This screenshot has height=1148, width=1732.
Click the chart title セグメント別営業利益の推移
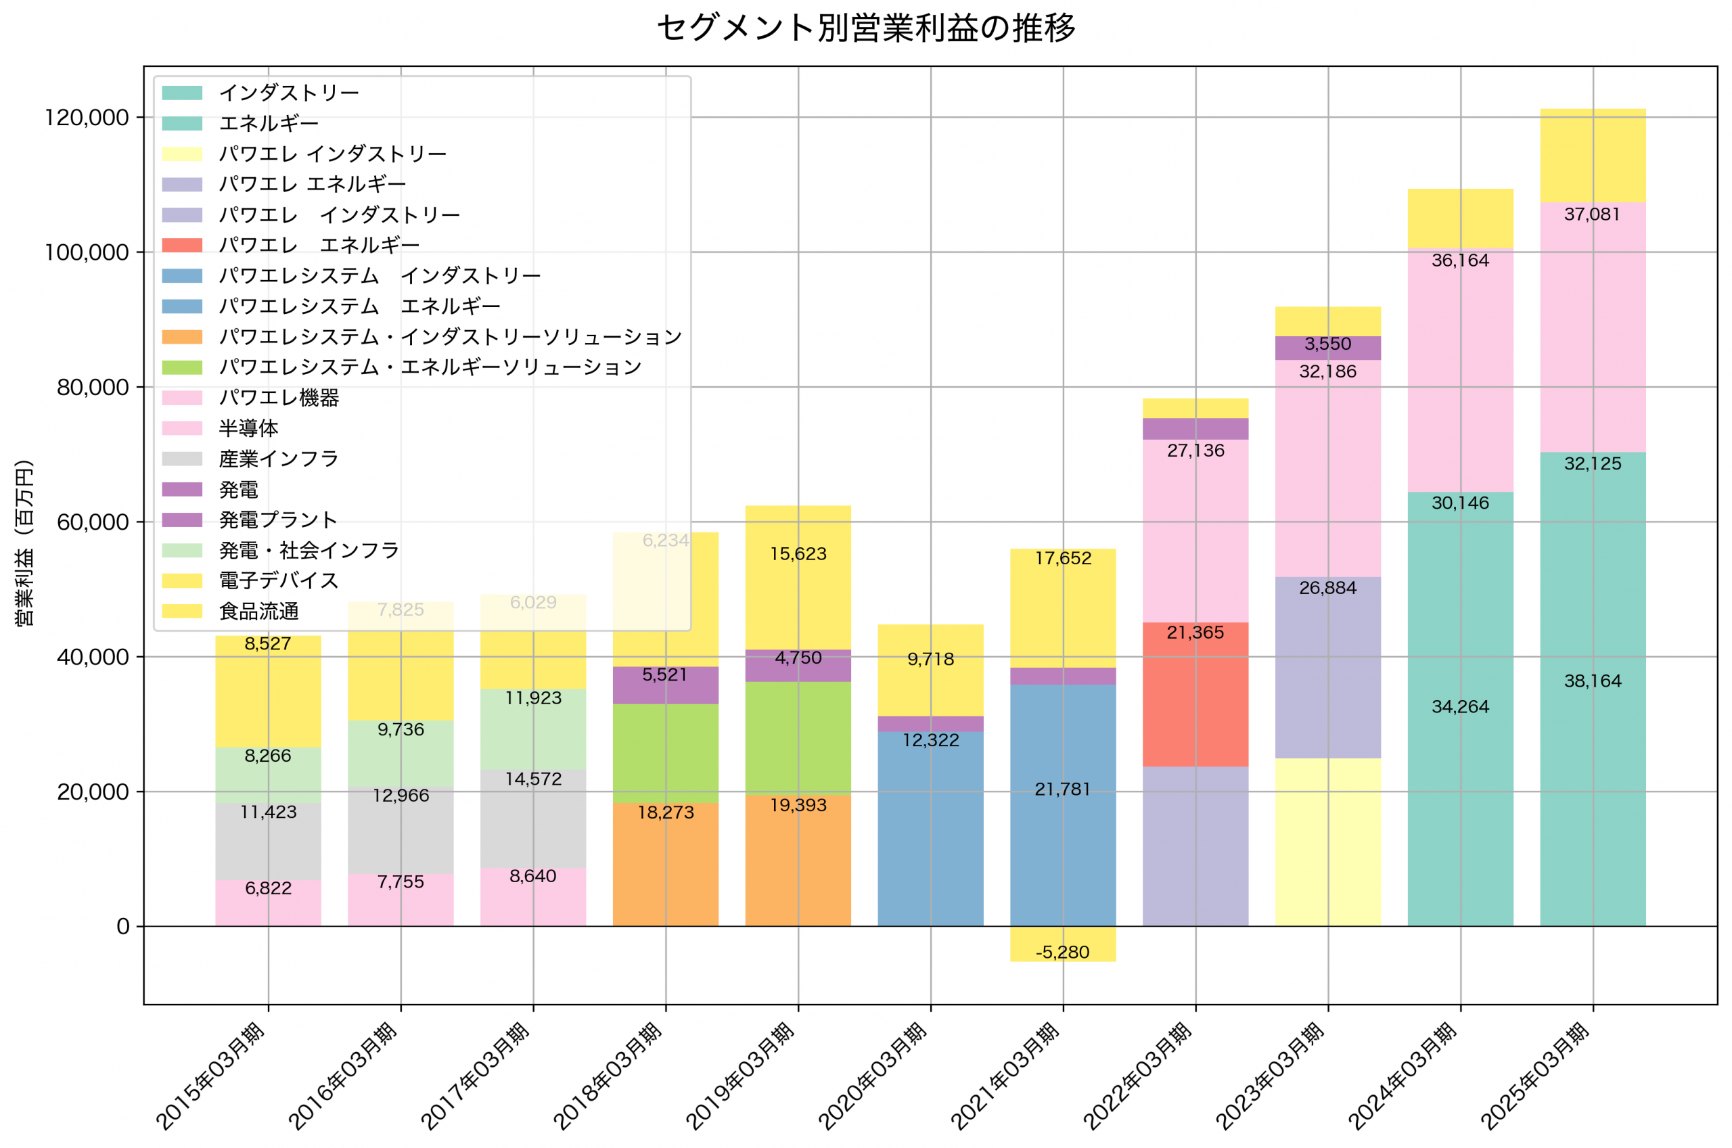click(x=865, y=28)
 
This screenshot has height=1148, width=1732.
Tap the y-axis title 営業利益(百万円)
click(x=24, y=543)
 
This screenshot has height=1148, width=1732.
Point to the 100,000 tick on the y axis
click(x=87, y=252)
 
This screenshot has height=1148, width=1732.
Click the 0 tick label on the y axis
click(x=123, y=927)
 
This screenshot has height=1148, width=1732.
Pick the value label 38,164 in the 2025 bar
click(x=1592, y=681)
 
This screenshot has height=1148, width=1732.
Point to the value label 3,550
click(x=1327, y=344)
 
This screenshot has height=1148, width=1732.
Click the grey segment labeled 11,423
click(x=268, y=842)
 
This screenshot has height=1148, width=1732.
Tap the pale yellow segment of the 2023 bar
click(x=1327, y=842)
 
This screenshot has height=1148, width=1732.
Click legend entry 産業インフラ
click(x=279, y=459)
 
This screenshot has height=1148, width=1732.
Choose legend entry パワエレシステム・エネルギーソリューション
click(x=430, y=367)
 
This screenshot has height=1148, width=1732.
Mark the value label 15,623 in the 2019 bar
click(x=797, y=553)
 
